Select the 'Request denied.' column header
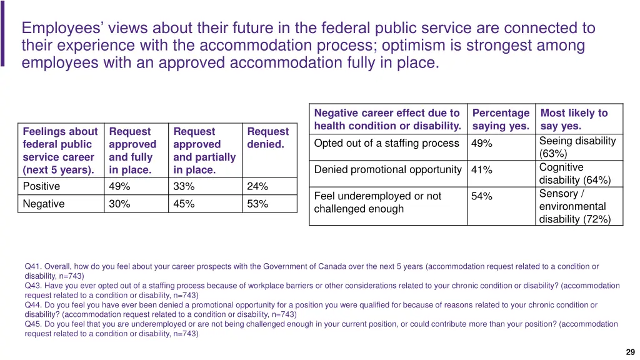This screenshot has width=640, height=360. click(x=267, y=138)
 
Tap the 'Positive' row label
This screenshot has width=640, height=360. click(x=41, y=186)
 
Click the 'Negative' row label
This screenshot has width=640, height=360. click(x=43, y=204)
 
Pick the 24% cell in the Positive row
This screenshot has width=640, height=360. click(x=257, y=186)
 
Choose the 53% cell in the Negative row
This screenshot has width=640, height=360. click(x=257, y=204)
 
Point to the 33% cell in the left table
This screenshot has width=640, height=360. click(x=184, y=186)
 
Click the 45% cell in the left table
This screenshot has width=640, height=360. click(x=184, y=204)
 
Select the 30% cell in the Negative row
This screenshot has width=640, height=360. click(x=119, y=204)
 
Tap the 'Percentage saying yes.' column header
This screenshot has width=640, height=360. click(x=501, y=119)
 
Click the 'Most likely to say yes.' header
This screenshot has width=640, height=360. click(x=574, y=119)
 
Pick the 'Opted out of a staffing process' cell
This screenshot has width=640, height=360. click(x=386, y=144)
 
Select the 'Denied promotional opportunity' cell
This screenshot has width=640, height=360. click(x=387, y=170)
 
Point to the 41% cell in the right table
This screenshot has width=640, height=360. click(x=481, y=170)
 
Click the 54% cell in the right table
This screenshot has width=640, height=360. click(x=481, y=196)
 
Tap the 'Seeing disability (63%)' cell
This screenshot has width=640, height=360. click(x=577, y=147)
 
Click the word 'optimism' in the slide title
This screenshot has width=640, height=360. click(x=417, y=46)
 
